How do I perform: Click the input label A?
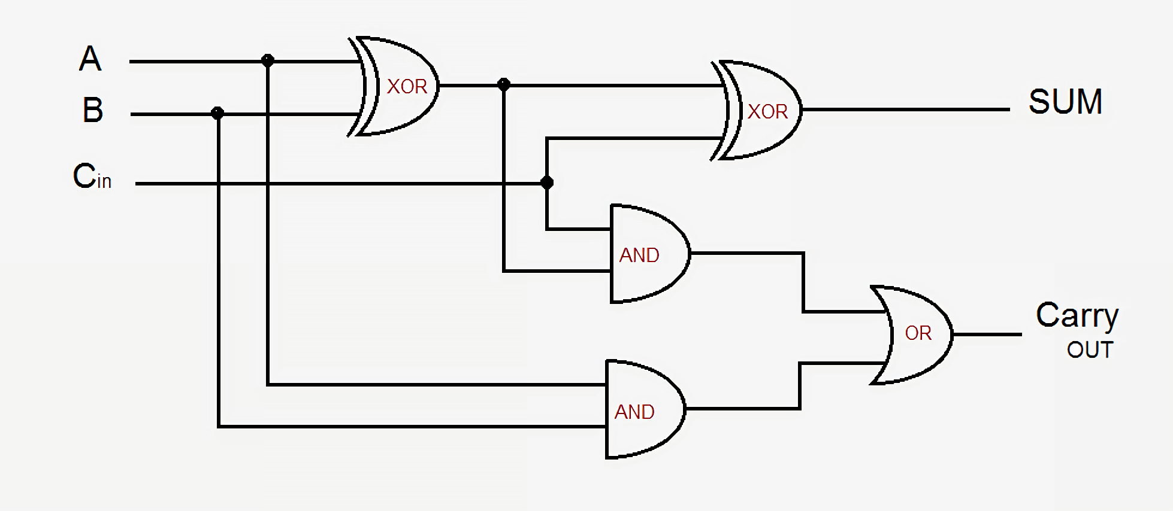(90, 59)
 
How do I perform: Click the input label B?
(93, 110)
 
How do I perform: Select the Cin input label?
(92, 177)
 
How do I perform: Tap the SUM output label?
(1065, 101)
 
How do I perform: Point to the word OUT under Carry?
(1090, 350)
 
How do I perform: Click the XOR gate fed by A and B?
(398, 86)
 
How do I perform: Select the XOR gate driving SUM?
(761, 111)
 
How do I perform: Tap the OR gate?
(914, 334)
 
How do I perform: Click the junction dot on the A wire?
(268, 60)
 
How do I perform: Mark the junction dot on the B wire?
(217, 113)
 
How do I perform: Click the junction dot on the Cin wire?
(546, 182)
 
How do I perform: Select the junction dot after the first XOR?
(504, 85)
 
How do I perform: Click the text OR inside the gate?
(918, 333)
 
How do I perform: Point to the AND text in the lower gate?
(634, 412)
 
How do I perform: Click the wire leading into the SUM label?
(905, 109)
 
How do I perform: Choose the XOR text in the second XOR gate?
(767, 112)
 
